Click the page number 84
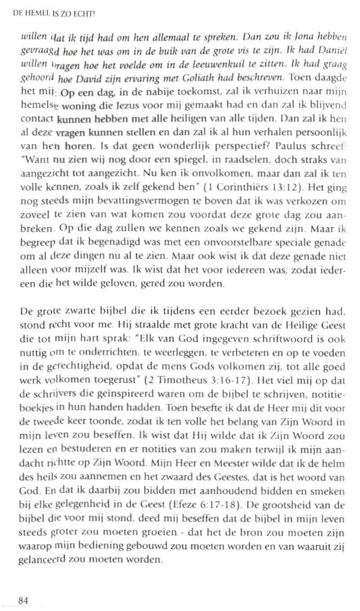[23, 600]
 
